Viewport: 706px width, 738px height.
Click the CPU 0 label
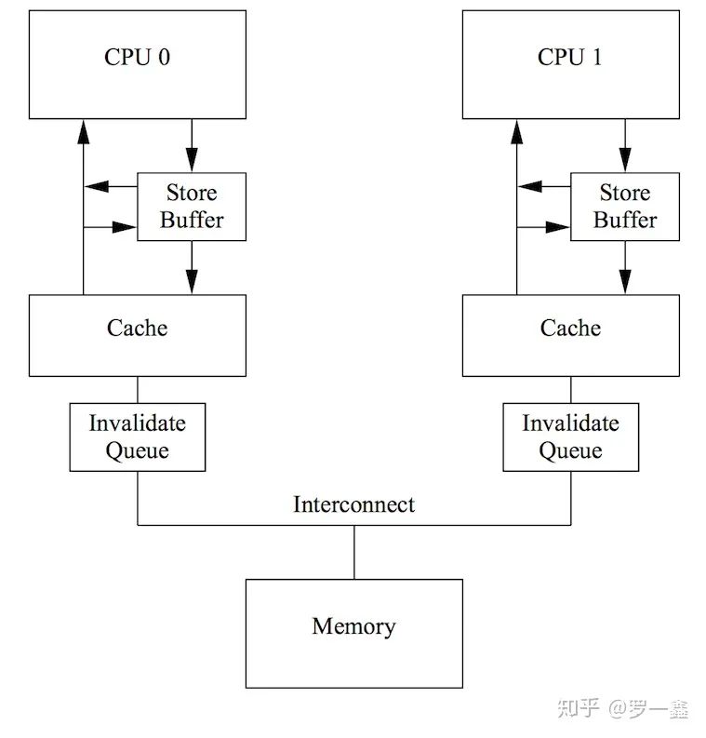(x=137, y=57)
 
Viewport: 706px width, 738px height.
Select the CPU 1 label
(x=570, y=57)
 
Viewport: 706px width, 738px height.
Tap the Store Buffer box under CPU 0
(x=192, y=207)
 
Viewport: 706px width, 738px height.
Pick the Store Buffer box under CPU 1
(x=625, y=207)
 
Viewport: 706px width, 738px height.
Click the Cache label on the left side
(x=137, y=328)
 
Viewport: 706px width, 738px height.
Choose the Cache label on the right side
(x=570, y=328)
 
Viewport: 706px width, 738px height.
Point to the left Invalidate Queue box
(x=137, y=436)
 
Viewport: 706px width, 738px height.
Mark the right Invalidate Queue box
(x=570, y=436)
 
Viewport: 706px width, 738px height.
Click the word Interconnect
(x=353, y=504)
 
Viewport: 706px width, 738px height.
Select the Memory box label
(x=353, y=626)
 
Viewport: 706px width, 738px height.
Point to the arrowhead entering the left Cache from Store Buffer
(x=192, y=282)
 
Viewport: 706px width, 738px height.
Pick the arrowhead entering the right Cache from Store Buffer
(x=625, y=282)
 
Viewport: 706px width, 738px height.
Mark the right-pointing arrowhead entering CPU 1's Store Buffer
(x=559, y=226)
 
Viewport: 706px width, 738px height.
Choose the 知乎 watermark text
(x=579, y=709)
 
